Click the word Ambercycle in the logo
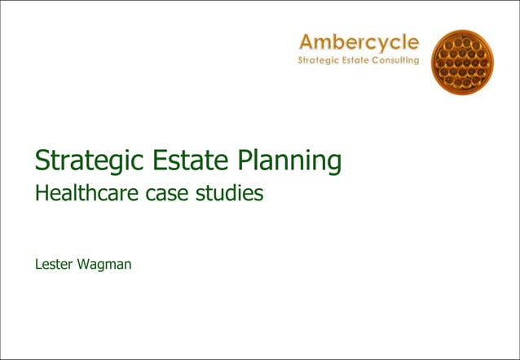click(x=359, y=42)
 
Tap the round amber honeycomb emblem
click(x=462, y=63)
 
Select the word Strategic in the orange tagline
click(x=319, y=60)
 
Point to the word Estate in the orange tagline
click(x=360, y=60)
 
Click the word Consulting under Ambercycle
click(x=399, y=60)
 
